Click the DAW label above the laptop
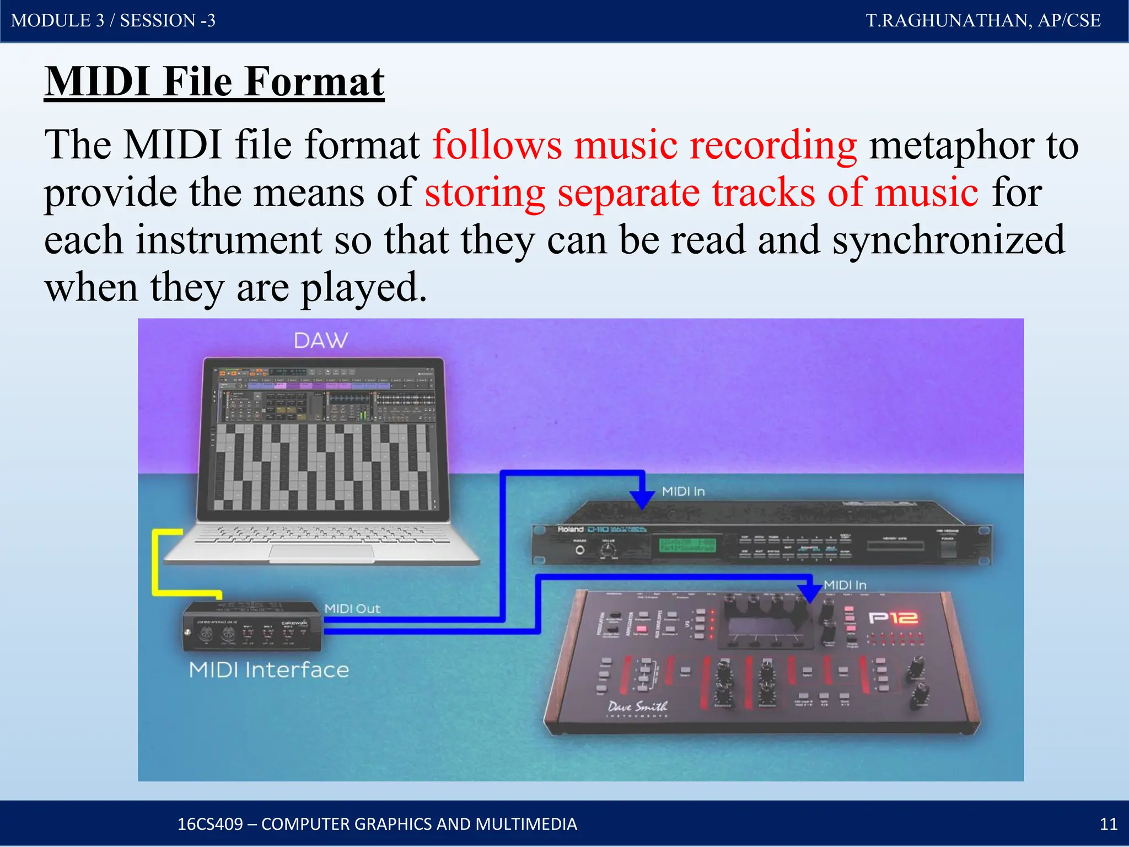pyautogui.click(x=321, y=340)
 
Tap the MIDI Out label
pyautogui.click(x=352, y=609)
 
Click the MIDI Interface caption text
pyautogui.click(x=269, y=670)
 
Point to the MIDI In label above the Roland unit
pyautogui.click(x=683, y=491)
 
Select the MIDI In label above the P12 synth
pyautogui.click(x=845, y=585)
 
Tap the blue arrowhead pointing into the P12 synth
pyautogui.click(x=810, y=593)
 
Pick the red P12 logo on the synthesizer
pyautogui.click(x=893, y=618)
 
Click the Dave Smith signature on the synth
pyautogui.click(x=637, y=707)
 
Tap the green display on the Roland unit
pyautogui.click(x=687, y=545)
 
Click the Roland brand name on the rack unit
pyautogui.click(x=570, y=529)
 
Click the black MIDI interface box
pyautogui.click(x=252, y=626)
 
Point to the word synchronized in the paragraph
pyautogui.click(x=948, y=240)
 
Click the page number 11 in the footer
pyautogui.click(x=1108, y=824)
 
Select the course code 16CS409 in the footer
pyautogui.click(x=210, y=824)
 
